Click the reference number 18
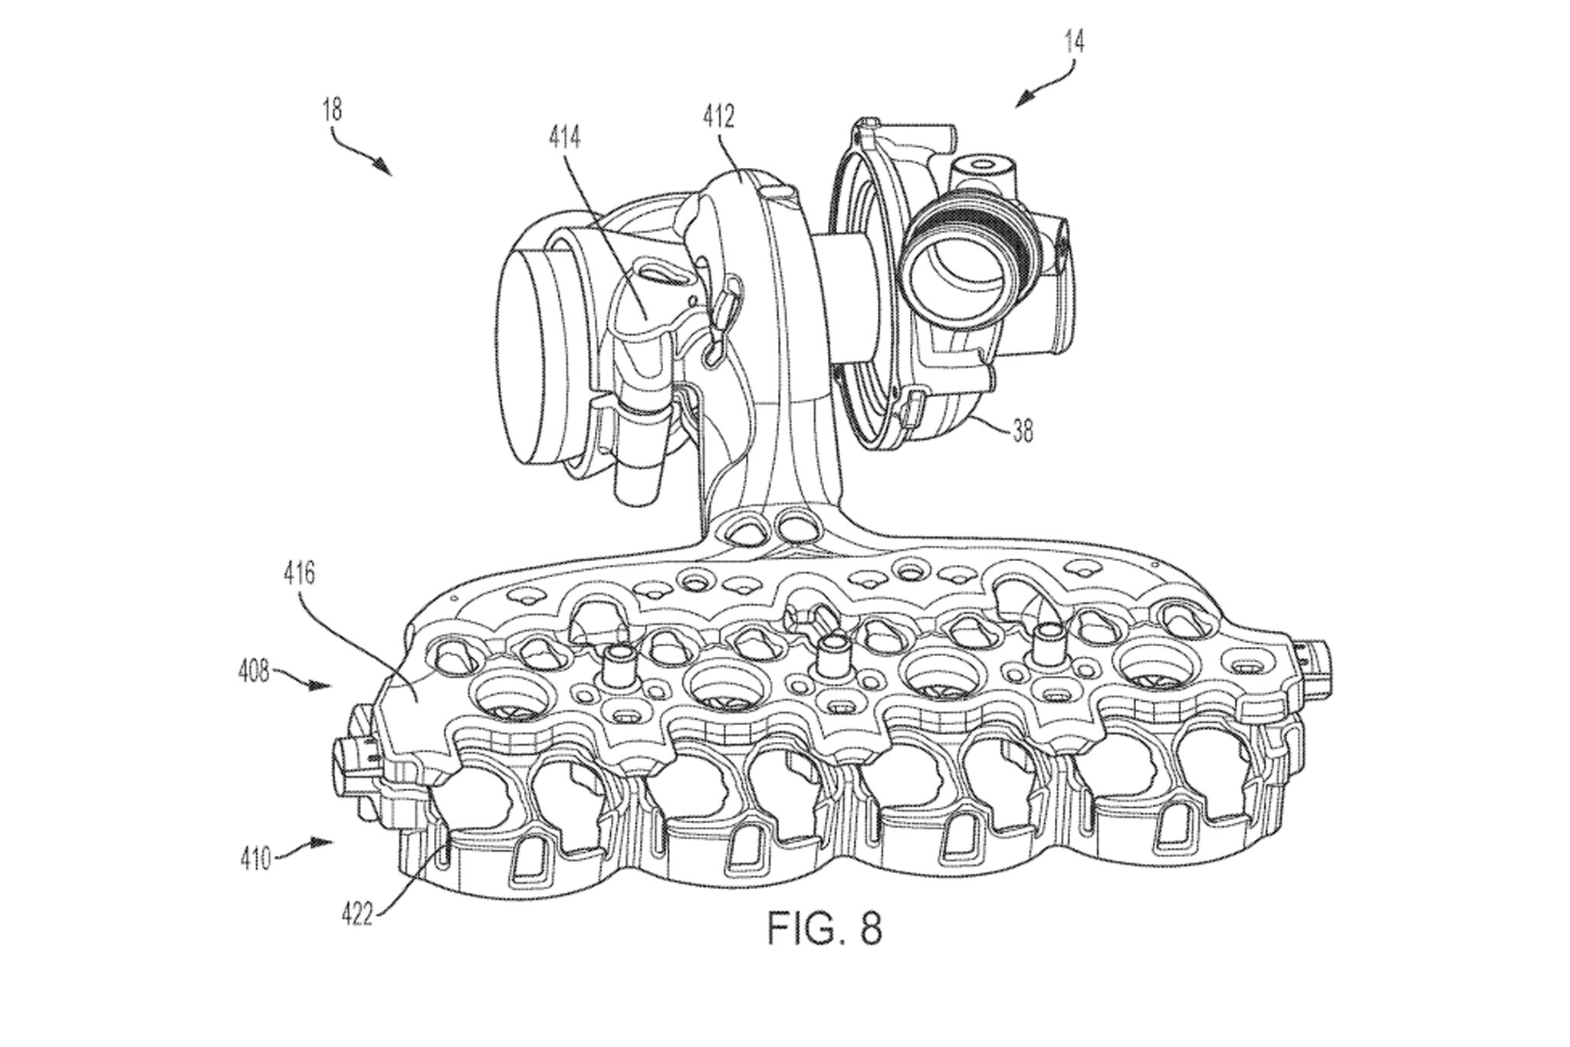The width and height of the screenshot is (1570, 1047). [x=332, y=111]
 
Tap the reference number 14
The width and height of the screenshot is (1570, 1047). [x=1074, y=41]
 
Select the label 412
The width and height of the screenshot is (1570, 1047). [x=718, y=117]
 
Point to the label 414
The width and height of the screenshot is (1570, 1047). [x=564, y=138]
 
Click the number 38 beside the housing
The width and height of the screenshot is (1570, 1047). [x=1023, y=432]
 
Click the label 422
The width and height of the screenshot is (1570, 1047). [x=358, y=915]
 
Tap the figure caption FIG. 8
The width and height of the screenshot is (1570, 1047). [x=824, y=928]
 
